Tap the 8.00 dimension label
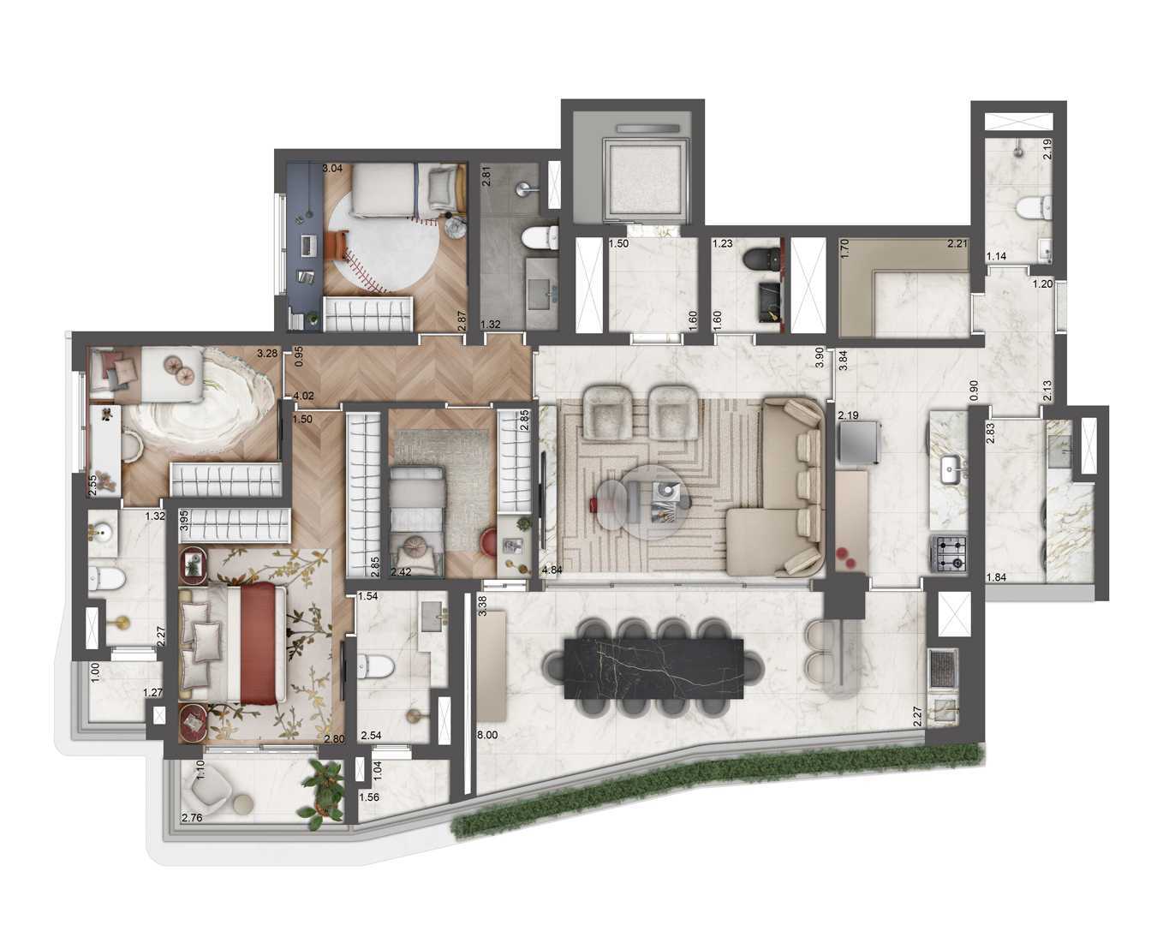(486, 735)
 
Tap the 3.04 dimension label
(332, 169)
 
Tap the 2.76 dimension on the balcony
(192, 818)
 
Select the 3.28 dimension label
(266, 353)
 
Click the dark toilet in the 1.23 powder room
(758, 260)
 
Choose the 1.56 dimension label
(369, 797)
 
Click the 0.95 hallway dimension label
(299, 355)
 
